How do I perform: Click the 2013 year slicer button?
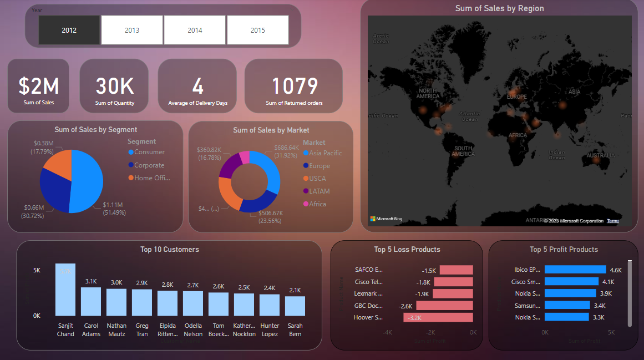point(132,30)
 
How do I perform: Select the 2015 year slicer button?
point(257,30)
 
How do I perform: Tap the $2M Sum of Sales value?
point(38,86)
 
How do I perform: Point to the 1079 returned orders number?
point(294,86)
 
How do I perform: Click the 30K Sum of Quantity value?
point(114,86)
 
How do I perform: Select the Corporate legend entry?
point(149,165)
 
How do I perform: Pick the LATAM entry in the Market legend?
point(319,191)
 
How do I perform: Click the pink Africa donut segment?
point(244,158)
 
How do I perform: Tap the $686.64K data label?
point(287,148)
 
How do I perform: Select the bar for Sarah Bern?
point(295,306)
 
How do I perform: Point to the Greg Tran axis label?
point(142,330)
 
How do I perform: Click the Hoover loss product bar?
point(438,318)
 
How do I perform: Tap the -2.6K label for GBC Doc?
point(405,306)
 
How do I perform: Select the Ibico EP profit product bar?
point(575,270)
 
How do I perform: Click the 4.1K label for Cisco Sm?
point(608,282)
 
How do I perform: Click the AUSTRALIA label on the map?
point(601,156)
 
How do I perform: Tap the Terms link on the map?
point(613,221)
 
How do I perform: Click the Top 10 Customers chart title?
point(169,250)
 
